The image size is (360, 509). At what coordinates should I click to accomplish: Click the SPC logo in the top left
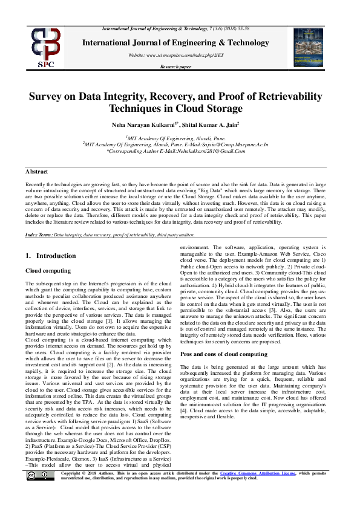pyautogui.click(x=46, y=47)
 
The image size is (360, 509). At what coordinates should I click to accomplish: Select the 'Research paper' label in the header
pyautogui.click(x=175, y=67)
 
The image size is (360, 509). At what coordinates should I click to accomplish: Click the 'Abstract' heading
pyautogui.click(x=37, y=172)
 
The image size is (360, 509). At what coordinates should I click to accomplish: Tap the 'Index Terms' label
pyautogui.click(x=39, y=233)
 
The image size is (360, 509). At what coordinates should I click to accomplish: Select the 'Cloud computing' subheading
pyautogui.click(x=48, y=271)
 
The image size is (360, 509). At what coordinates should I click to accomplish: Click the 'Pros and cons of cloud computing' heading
pyautogui.click(x=224, y=354)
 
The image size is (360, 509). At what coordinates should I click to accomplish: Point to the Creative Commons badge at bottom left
pyautogui.click(x=39, y=477)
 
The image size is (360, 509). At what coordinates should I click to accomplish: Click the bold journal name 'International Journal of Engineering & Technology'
pyautogui.click(x=175, y=42)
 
